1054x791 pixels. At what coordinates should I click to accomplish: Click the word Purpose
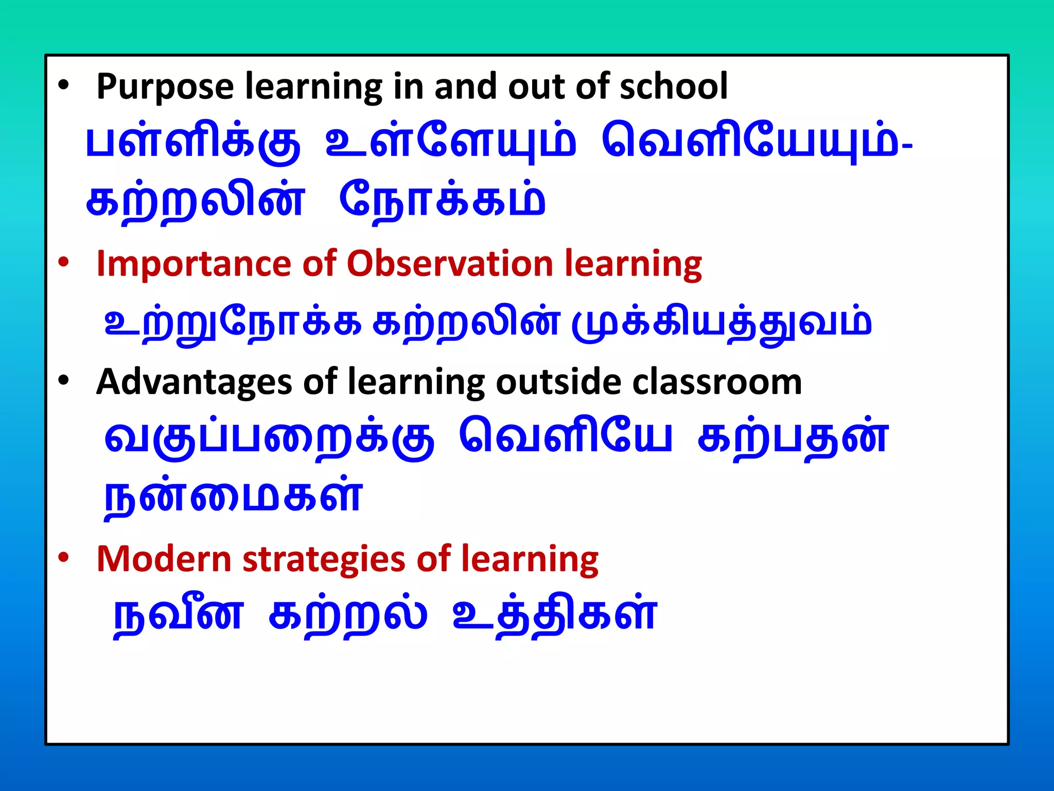coord(165,87)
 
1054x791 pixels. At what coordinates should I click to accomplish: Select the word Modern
coord(164,559)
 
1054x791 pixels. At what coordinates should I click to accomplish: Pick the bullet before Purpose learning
coord(63,85)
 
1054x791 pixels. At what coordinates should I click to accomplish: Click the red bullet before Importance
coord(63,263)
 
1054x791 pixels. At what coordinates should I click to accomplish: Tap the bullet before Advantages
coord(63,381)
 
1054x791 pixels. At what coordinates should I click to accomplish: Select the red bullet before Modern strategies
coord(63,558)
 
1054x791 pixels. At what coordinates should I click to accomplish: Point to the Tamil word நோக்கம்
coord(442,201)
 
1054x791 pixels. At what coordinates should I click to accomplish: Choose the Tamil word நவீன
coord(178,615)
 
